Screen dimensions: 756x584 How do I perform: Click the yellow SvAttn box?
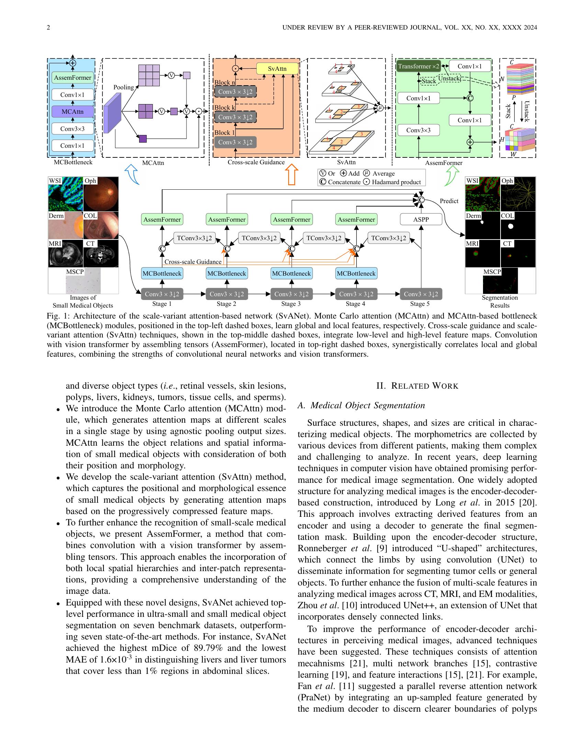(277, 68)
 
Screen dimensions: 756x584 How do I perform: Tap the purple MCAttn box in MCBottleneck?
(72, 111)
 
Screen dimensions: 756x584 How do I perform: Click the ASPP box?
(421, 220)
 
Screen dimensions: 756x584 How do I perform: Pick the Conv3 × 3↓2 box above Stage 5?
(421, 294)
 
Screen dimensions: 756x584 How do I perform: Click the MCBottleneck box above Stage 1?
(162, 273)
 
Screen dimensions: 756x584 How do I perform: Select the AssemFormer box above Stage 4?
(356, 220)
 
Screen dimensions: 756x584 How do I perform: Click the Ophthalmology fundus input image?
(101, 194)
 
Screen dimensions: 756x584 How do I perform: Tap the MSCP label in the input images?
(75, 272)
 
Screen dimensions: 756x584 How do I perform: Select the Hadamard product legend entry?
(392, 182)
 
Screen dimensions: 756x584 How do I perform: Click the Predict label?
(449, 201)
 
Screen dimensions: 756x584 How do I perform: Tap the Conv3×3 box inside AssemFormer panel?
(418, 130)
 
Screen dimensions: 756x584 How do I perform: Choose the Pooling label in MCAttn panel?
(124, 87)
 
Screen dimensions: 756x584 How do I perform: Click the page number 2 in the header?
(48, 27)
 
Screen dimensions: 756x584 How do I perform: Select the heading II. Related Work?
(417, 386)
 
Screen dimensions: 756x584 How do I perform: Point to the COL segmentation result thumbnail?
(518, 226)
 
